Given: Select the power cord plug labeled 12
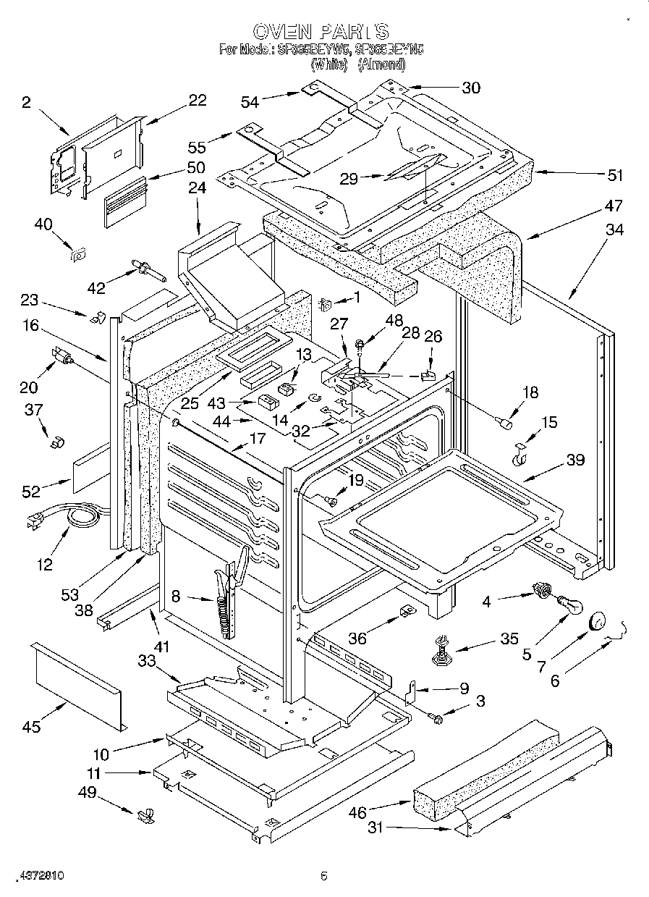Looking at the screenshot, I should (34, 520).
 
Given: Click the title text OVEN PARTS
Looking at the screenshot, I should (321, 32).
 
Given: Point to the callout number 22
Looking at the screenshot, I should (197, 101).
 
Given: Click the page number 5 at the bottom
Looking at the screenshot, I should (324, 877).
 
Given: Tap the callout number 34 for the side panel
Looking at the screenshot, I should (614, 230).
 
